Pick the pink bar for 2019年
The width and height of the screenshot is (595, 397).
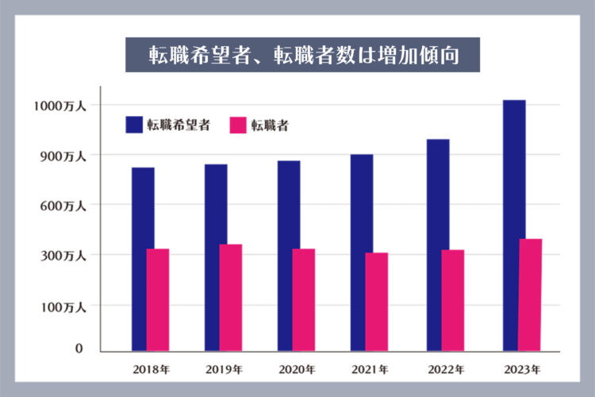coord(231,297)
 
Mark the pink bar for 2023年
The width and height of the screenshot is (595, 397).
coord(530,295)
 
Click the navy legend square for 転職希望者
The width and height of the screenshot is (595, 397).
coord(133,125)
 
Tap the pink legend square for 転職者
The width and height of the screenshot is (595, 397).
coord(238,125)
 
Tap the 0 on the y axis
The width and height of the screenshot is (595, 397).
coord(79,348)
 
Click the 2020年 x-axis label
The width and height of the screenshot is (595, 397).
coord(297,369)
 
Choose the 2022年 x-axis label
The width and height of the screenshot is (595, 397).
coord(447,369)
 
